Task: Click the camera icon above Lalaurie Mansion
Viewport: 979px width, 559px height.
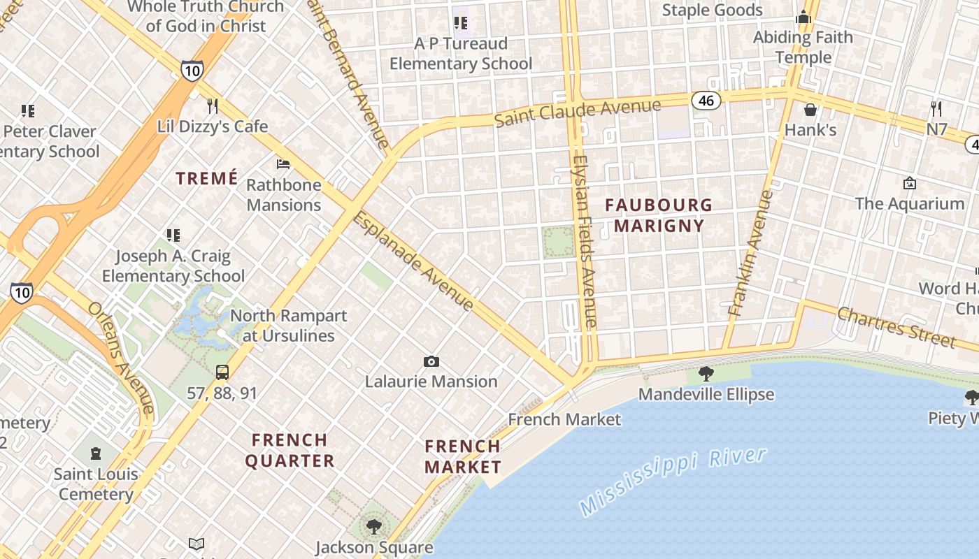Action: pos(431,361)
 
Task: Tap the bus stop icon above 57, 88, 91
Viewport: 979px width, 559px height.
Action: pos(222,372)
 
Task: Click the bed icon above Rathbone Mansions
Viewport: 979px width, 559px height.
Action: pos(283,164)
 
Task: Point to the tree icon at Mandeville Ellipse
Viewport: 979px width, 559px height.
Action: pos(706,374)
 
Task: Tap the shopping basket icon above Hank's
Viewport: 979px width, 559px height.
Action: pos(810,110)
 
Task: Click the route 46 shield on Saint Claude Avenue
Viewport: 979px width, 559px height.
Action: pos(706,101)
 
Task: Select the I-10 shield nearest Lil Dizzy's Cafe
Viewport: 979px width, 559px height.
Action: pos(192,70)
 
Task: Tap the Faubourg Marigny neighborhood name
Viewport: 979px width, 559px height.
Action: pos(658,215)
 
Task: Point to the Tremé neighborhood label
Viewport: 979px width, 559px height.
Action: pos(207,178)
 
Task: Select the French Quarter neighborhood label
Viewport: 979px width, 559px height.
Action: pos(290,450)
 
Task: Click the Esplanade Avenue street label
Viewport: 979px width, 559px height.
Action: pos(414,261)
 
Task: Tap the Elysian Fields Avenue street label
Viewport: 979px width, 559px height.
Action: pos(583,241)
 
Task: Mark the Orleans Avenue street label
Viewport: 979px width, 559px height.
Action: pos(120,357)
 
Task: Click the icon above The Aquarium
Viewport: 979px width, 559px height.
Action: pos(909,183)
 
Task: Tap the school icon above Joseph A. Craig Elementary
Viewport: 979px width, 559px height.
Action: pos(173,235)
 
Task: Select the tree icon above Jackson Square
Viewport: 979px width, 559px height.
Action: pos(374,526)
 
